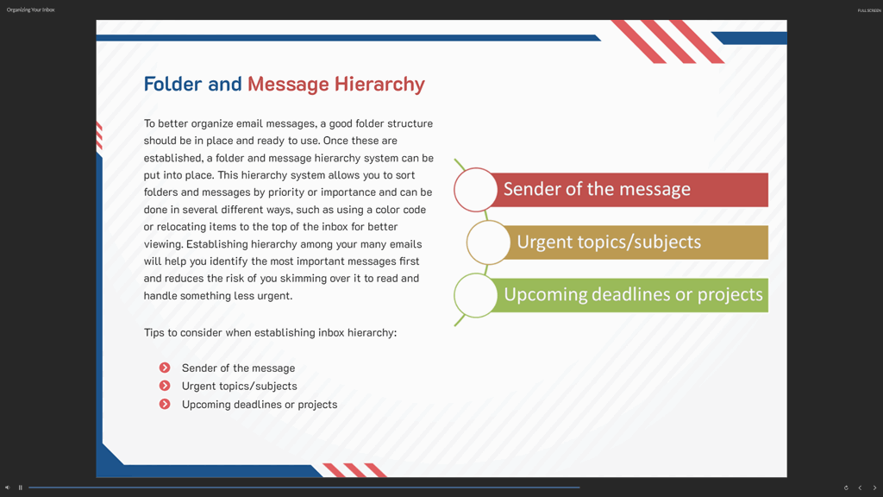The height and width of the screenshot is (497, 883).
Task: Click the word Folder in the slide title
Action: point(172,84)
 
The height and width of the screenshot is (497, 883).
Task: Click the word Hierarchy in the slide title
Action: point(379,85)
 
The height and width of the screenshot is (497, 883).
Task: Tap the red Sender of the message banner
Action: point(628,189)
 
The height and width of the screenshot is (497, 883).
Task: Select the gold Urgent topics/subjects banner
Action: point(635,242)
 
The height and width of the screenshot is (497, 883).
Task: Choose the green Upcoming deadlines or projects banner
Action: point(628,295)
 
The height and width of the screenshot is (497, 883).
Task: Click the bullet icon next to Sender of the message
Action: point(165,368)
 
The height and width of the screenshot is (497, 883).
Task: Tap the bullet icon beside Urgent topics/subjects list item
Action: point(165,386)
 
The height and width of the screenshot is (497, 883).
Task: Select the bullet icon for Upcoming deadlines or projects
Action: point(165,404)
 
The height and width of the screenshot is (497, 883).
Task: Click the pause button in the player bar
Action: point(21,488)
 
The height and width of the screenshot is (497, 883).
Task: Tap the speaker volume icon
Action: point(7,488)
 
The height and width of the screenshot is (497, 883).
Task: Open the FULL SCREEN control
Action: point(869,10)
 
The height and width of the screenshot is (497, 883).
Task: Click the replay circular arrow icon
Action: point(846,488)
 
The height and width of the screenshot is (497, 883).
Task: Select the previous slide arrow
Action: point(860,488)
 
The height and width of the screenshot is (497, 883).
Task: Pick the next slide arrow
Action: point(874,488)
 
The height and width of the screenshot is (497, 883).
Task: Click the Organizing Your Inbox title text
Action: point(30,9)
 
